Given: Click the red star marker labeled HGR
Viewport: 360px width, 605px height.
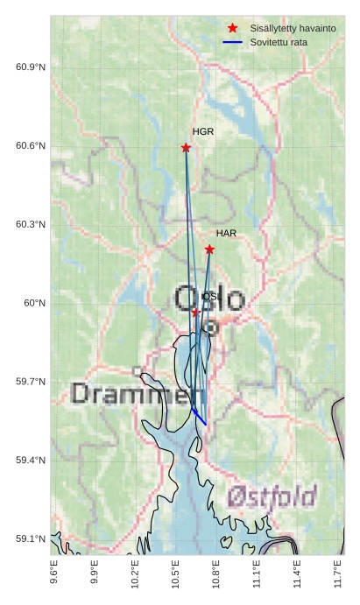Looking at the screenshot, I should tap(186, 148).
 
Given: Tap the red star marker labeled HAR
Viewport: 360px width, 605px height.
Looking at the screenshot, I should tap(209, 250).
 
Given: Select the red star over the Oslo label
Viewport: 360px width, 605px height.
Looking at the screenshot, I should tap(195, 312).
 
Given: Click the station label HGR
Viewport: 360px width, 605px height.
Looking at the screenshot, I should tap(203, 131).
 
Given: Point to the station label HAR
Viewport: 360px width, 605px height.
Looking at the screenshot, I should tap(226, 234).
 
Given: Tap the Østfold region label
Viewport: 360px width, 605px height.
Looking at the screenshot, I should tap(272, 497).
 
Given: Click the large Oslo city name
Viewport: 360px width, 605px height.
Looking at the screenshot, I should tap(210, 299).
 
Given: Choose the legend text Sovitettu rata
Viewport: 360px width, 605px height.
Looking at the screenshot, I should tap(279, 42).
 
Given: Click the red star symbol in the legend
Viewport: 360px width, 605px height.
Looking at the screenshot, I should tap(232, 28).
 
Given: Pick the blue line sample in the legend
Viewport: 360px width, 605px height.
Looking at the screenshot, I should tap(232, 42).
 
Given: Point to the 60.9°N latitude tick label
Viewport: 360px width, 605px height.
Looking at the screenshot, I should tap(31, 67).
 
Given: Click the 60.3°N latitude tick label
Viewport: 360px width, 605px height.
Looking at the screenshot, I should tap(31, 224).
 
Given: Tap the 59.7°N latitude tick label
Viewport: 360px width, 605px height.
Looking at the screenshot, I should tap(31, 382).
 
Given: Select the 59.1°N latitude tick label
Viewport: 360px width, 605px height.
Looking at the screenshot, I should tap(31, 538).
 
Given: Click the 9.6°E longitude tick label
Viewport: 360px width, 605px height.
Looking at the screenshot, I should tap(54, 575).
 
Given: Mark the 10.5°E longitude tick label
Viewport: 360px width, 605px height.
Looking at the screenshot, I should tap(175, 575).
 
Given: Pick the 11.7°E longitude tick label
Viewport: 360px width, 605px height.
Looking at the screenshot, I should tap(337, 575).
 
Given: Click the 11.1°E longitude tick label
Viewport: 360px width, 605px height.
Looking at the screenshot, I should tap(256, 575).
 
